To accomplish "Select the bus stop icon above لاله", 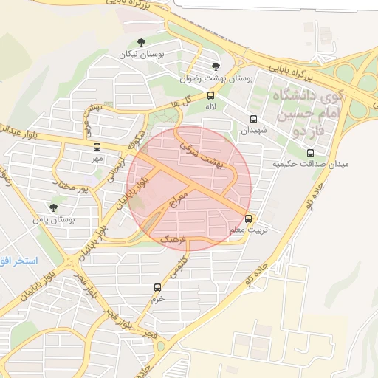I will (211, 95).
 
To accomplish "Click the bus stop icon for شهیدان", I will (254, 119).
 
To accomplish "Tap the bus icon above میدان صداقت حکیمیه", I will (310, 153).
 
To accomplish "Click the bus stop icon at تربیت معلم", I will (248, 219).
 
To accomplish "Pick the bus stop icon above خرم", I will (157, 287).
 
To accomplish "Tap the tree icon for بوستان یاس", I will (52, 207).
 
